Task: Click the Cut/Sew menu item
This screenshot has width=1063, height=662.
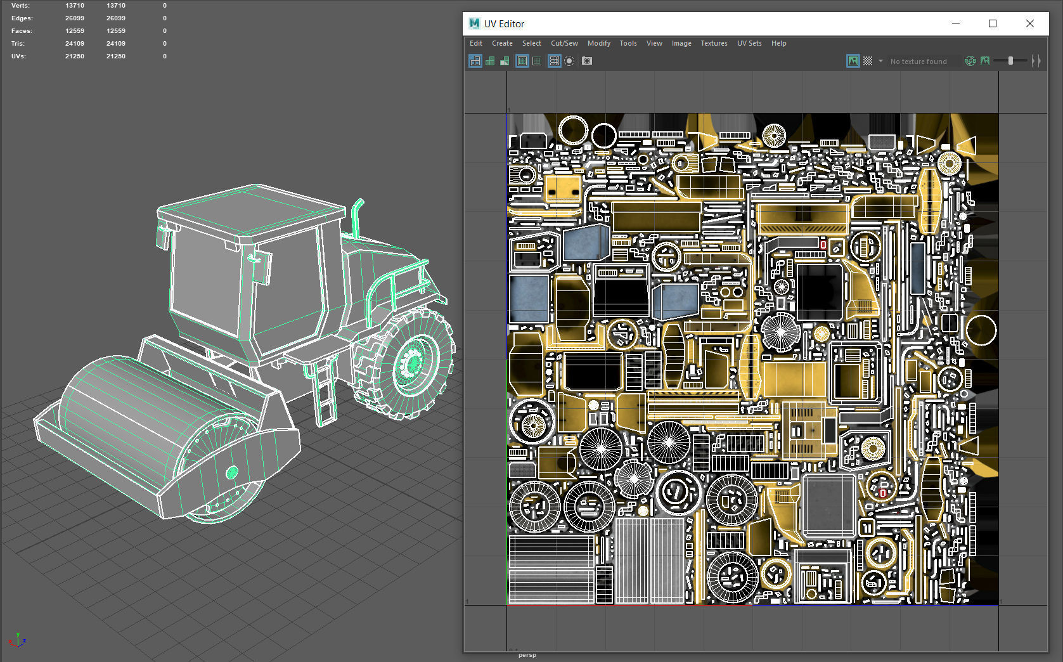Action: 564,43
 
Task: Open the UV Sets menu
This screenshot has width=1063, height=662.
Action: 749,43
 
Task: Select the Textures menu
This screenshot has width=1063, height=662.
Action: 713,43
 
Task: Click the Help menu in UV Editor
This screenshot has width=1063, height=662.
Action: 778,43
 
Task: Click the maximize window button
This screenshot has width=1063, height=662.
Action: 992,23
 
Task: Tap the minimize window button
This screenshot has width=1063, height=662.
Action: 955,23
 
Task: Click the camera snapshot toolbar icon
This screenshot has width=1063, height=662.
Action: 587,61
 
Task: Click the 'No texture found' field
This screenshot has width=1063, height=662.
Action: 918,62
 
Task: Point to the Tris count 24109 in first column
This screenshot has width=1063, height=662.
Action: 74,44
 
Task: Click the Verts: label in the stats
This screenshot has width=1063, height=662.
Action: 20,6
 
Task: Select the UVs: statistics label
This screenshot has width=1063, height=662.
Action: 18,56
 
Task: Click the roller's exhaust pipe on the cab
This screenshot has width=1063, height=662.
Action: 356,216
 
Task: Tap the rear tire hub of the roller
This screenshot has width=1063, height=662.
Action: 413,364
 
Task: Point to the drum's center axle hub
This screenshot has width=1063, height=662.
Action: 231,472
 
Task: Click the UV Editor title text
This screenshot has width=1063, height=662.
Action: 504,24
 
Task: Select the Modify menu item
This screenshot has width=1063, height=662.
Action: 598,43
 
